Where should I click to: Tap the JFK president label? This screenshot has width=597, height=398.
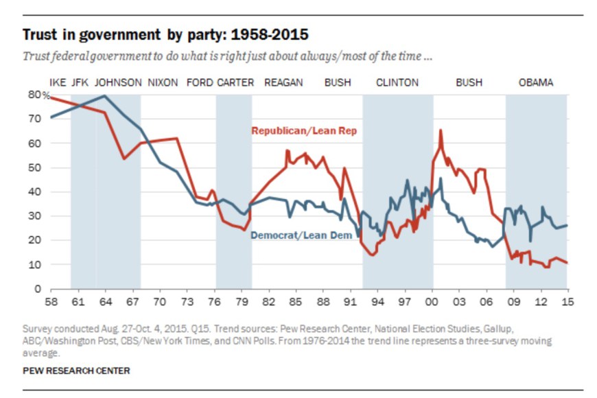pyautogui.click(x=81, y=82)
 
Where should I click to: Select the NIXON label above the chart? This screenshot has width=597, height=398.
pyautogui.click(x=163, y=82)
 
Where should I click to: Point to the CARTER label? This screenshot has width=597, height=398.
pyautogui.click(x=235, y=82)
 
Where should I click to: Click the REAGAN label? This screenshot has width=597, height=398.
pyautogui.click(x=283, y=82)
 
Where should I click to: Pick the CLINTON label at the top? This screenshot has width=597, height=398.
pyautogui.click(x=397, y=82)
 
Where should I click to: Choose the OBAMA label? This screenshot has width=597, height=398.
pyautogui.click(x=536, y=82)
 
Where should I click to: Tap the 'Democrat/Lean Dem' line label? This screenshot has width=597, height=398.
pyautogui.click(x=301, y=235)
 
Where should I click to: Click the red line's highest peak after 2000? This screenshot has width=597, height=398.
pyautogui.click(x=440, y=130)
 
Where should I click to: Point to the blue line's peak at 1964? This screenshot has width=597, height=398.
pyautogui.click(x=104, y=95)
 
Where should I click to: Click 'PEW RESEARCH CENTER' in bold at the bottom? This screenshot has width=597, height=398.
pyautogui.click(x=76, y=371)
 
